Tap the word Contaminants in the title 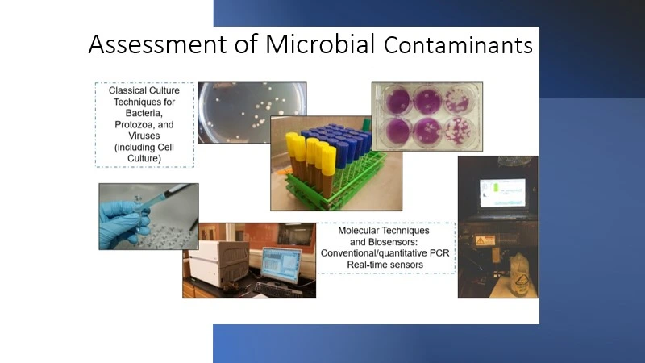(x=458, y=46)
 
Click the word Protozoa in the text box (x=144, y=124)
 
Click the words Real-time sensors (x=385, y=264)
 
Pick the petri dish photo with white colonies (x=252, y=112)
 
